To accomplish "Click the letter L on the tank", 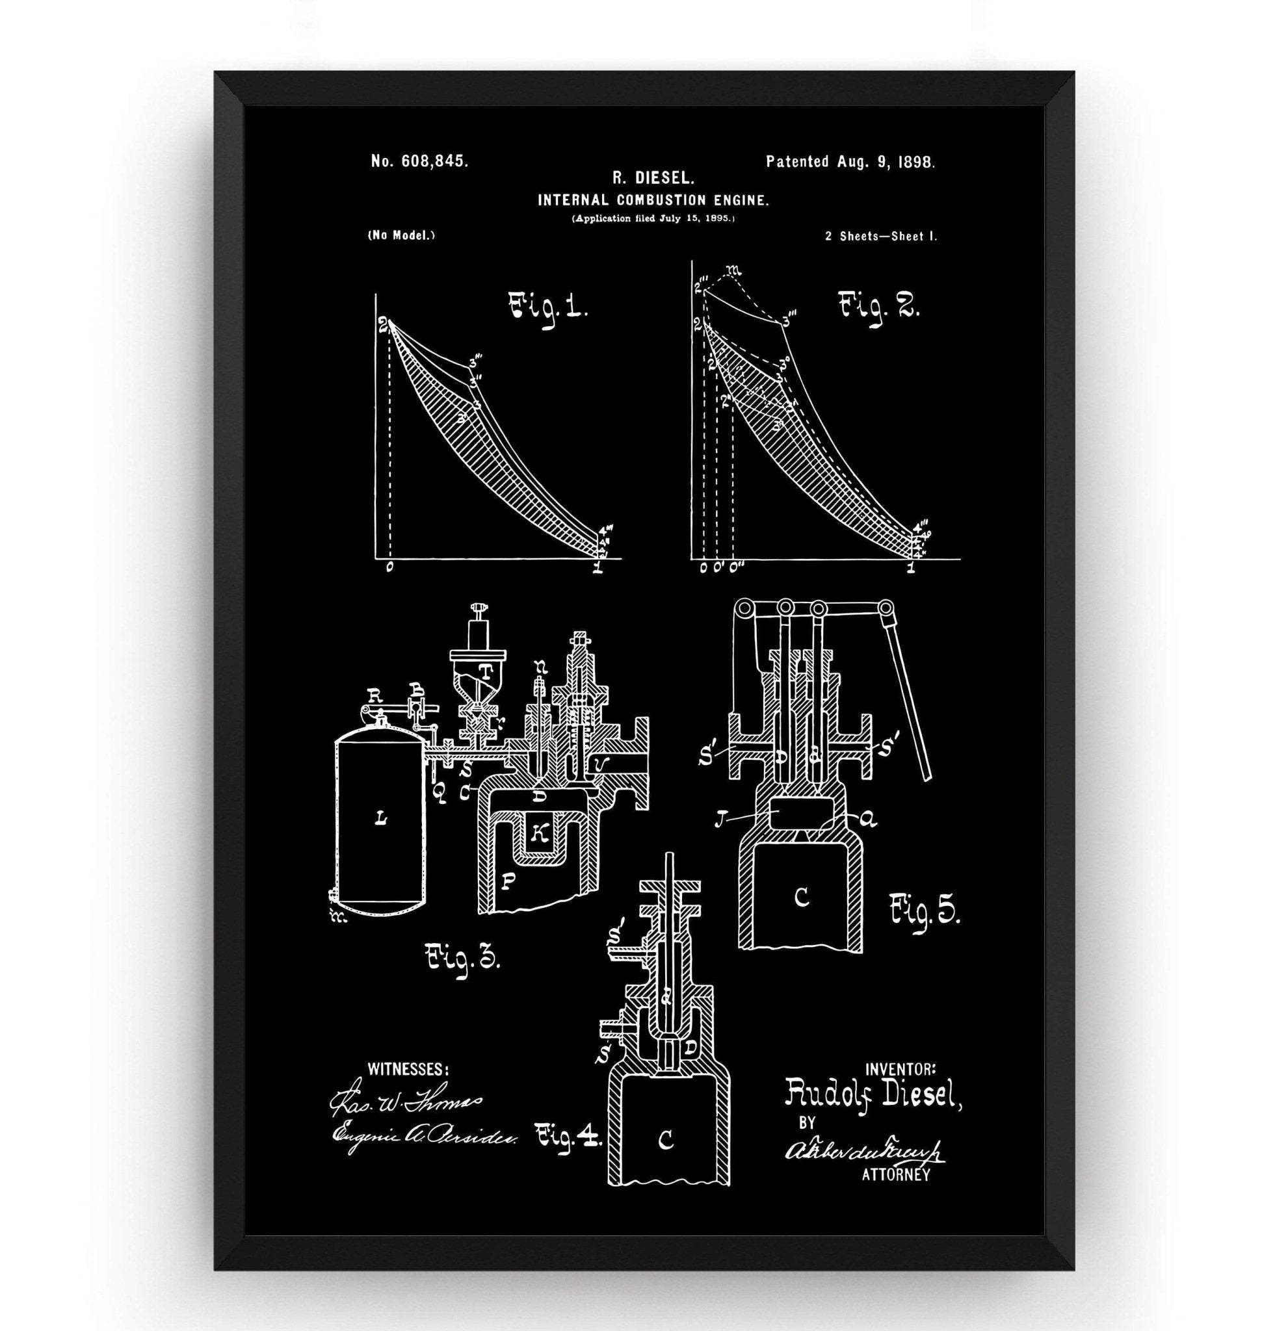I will point(381,818).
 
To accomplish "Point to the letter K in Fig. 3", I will point(538,834).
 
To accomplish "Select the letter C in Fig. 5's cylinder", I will point(801,898).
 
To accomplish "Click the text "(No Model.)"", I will point(401,235).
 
